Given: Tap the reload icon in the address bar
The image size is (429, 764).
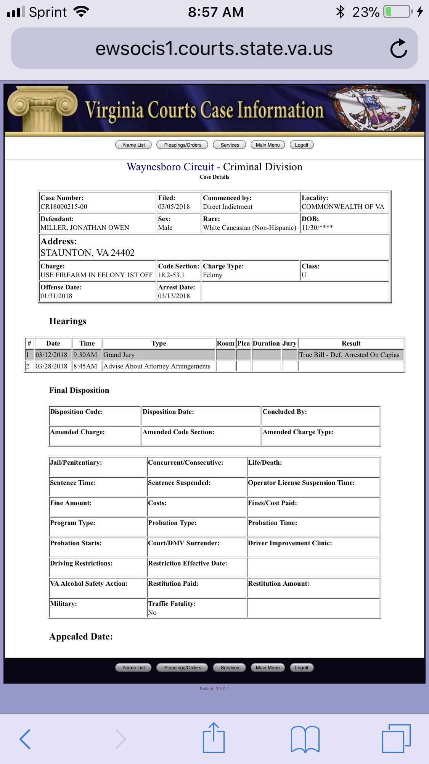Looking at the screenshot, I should pos(398,48).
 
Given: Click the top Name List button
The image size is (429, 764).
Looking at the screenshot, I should pos(133,145).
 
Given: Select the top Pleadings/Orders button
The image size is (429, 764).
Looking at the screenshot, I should pos(182,145).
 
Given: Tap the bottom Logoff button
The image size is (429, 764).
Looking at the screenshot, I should pos(301,668).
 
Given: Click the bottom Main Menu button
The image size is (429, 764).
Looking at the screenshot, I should pos(268,668).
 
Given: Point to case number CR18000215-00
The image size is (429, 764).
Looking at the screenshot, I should pos(64,207).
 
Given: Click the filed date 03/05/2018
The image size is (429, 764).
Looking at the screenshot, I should pos(174,207).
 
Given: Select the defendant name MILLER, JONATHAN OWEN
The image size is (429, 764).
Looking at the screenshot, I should pos(85,228).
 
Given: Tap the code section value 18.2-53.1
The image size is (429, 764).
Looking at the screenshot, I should pos(171,275).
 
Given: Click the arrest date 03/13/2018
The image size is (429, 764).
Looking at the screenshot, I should pos(174,296).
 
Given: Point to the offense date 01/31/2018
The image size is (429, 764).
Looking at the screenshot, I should pos(56,296).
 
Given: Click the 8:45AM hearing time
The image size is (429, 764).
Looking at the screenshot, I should pos(85,366).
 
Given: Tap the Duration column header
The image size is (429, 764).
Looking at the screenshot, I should pos(266,343).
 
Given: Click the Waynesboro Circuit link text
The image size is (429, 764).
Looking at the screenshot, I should pos(170,167).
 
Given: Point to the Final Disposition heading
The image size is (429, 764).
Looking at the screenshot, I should pos(79,390).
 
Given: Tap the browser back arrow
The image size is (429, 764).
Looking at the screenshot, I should pos(25,739).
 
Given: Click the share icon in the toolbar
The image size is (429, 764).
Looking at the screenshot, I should pos(214,738).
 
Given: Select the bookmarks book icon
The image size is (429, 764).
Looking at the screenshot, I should pos(305,739).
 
